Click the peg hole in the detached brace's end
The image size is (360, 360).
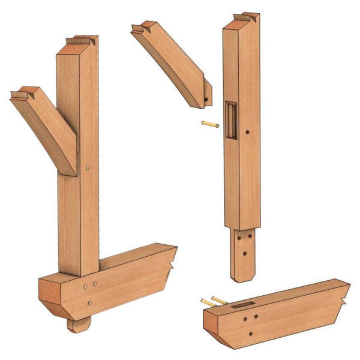point(206,99)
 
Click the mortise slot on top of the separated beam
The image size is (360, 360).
point(242,305)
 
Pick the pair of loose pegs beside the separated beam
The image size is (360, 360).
point(214,301)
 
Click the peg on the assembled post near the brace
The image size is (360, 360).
point(88,168)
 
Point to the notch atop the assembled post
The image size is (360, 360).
point(82,41)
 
